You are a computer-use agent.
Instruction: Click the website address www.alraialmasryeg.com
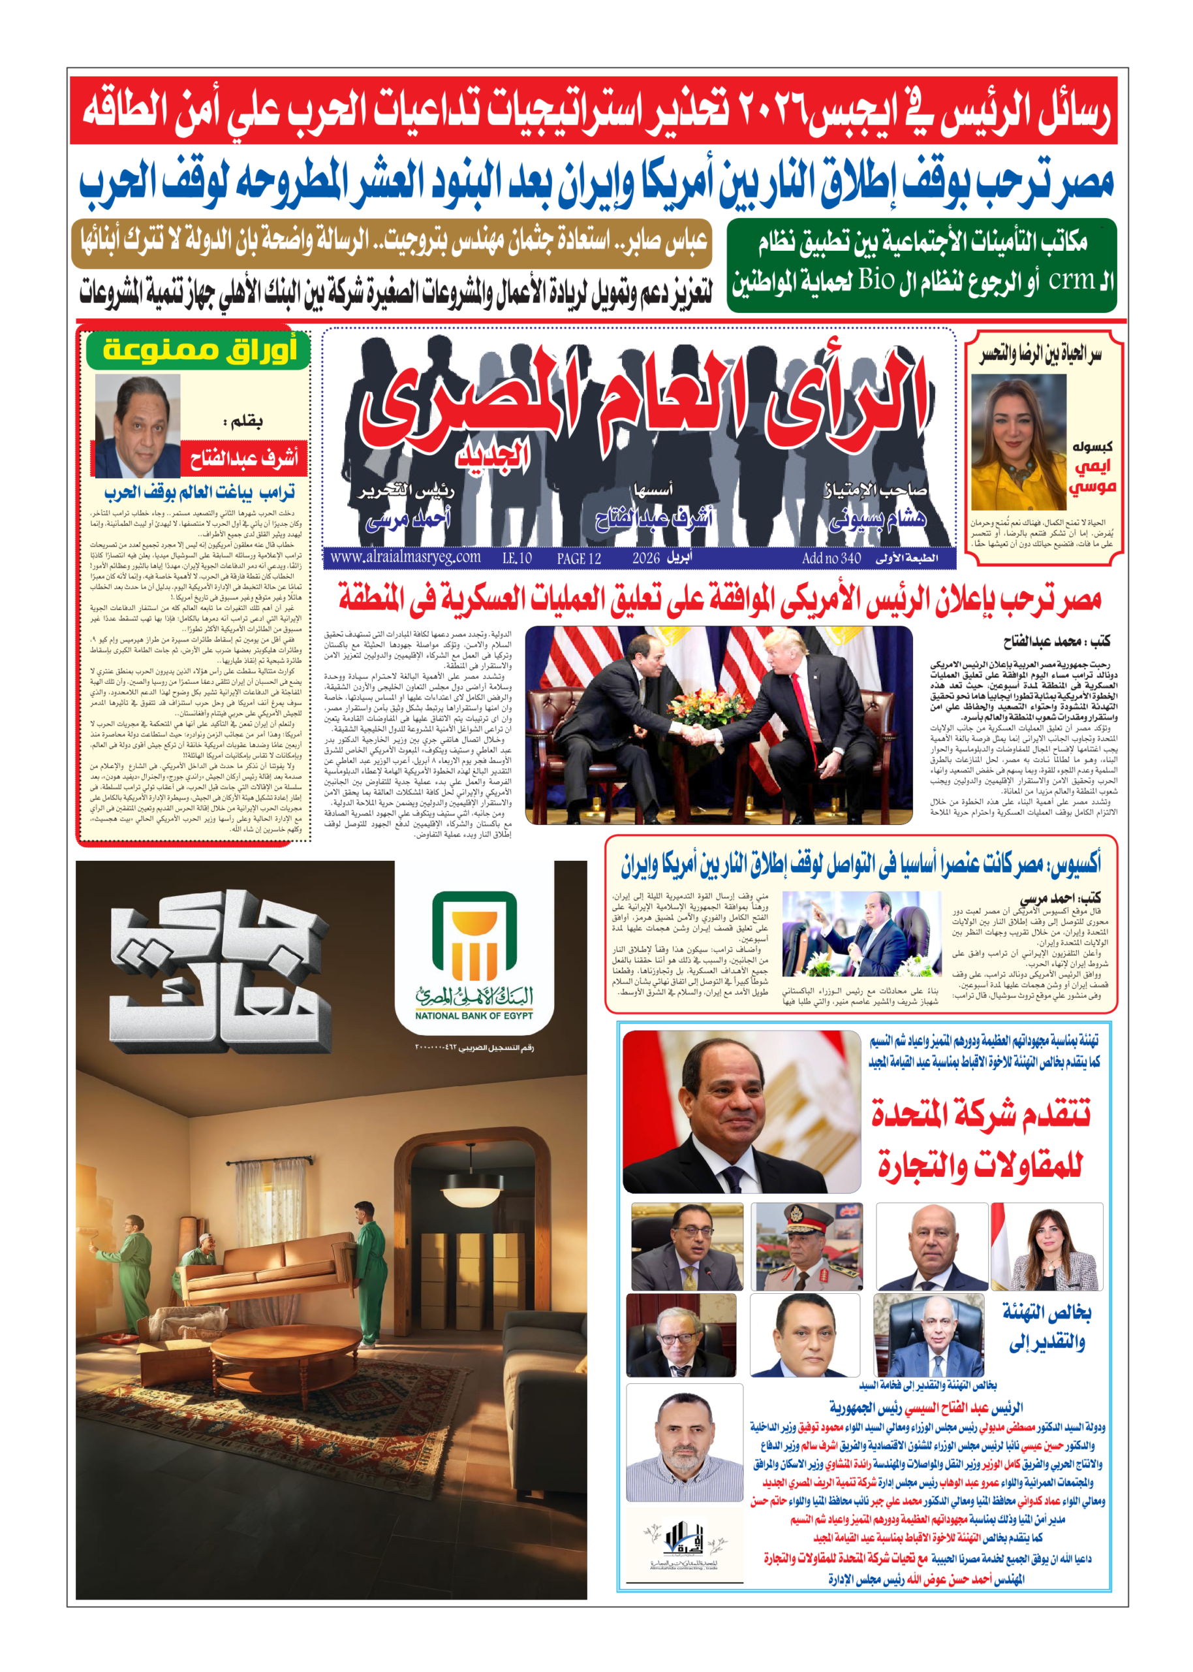pyautogui.click(x=405, y=557)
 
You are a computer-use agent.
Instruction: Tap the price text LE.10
pyautogui.click(x=516, y=558)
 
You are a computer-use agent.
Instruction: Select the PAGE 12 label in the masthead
pyautogui.click(x=578, y=558)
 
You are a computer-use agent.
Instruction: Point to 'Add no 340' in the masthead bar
pyautogui.click(x=831, y=558)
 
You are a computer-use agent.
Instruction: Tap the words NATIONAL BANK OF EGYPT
pyautogui.click(x=474, y=1015)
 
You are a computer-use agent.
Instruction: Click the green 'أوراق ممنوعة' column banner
pyautogui.click(x=198, y=350)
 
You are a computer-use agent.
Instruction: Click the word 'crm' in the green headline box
pyautogui.click(x=1072, y=280)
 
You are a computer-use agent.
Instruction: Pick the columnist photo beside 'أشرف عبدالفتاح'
pyautogui.click(x=138, y=426)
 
